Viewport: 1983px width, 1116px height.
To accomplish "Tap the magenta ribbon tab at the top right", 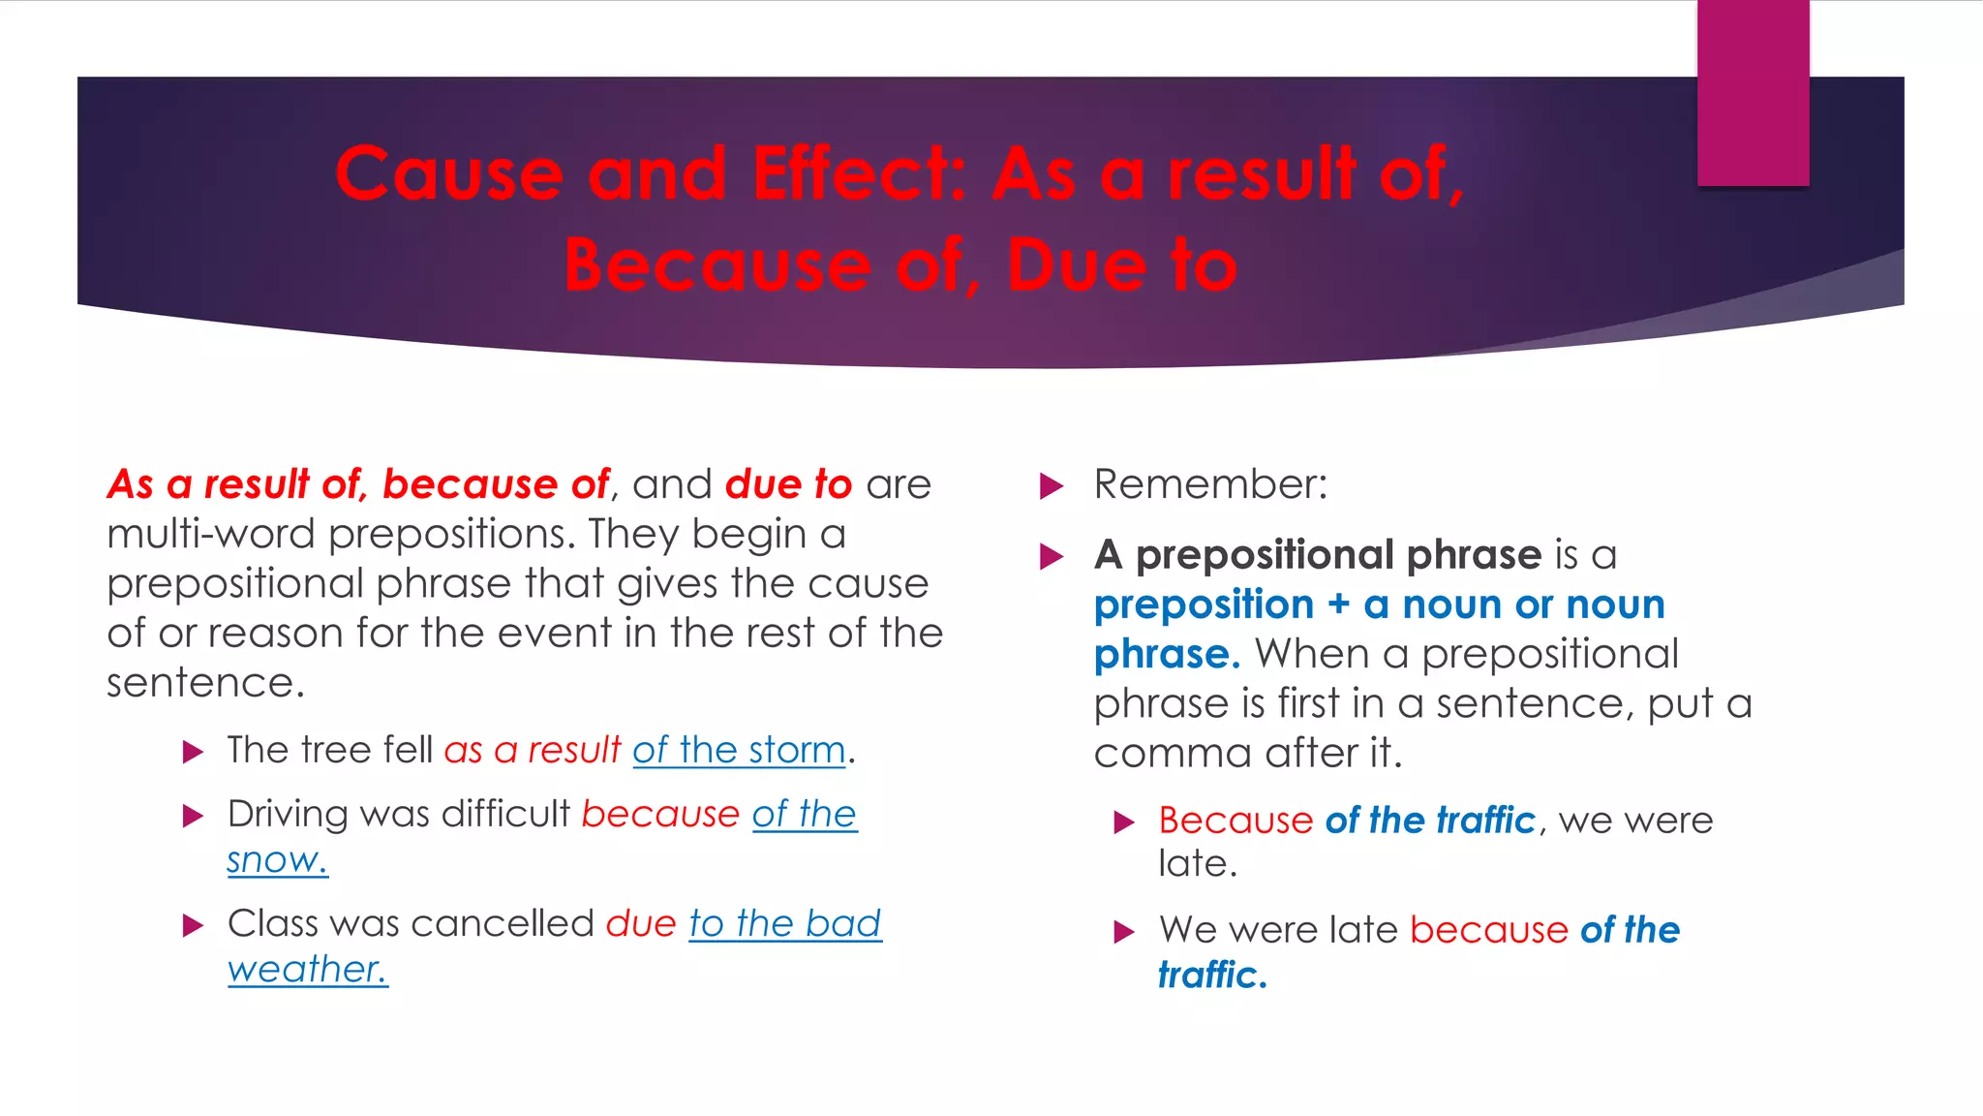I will pyautogui.click(x=1753, y=93).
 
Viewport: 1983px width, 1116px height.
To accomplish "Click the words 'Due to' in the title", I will pyautogui.click(x=1122, y=265).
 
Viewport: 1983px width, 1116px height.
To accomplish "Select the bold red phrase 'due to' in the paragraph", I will pyautogui.click(x=788, y=484).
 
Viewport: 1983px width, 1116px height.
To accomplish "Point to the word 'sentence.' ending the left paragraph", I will pyautogui.click(x=205, y=683).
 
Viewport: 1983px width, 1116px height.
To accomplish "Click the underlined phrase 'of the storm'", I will pyautogui.click(x=739, y=751).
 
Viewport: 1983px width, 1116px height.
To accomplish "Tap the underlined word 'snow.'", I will pyautogui.click(x=277, y=860).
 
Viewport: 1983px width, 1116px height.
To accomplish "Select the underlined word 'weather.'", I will pyautogui.click(x=307, y=970).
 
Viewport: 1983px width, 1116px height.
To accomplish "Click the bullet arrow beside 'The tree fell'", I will pyautogui.click(x=194, y=753).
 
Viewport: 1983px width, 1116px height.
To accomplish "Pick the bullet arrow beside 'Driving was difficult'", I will pyautogui.click(x=194, y=816).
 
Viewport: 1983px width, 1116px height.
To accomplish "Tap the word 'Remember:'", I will pyautogui.click(x=1210, y=484).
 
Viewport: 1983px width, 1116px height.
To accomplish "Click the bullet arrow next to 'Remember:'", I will pyautogui.click(x=1052, y=486).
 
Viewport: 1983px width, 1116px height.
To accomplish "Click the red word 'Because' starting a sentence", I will pyautogui.click(x=1236, y=821).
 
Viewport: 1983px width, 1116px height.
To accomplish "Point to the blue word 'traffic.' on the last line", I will pyautogui.click(x=1212, y=976).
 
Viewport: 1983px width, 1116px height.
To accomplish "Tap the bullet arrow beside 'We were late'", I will pyautogui.click(x=1124, y=933).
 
